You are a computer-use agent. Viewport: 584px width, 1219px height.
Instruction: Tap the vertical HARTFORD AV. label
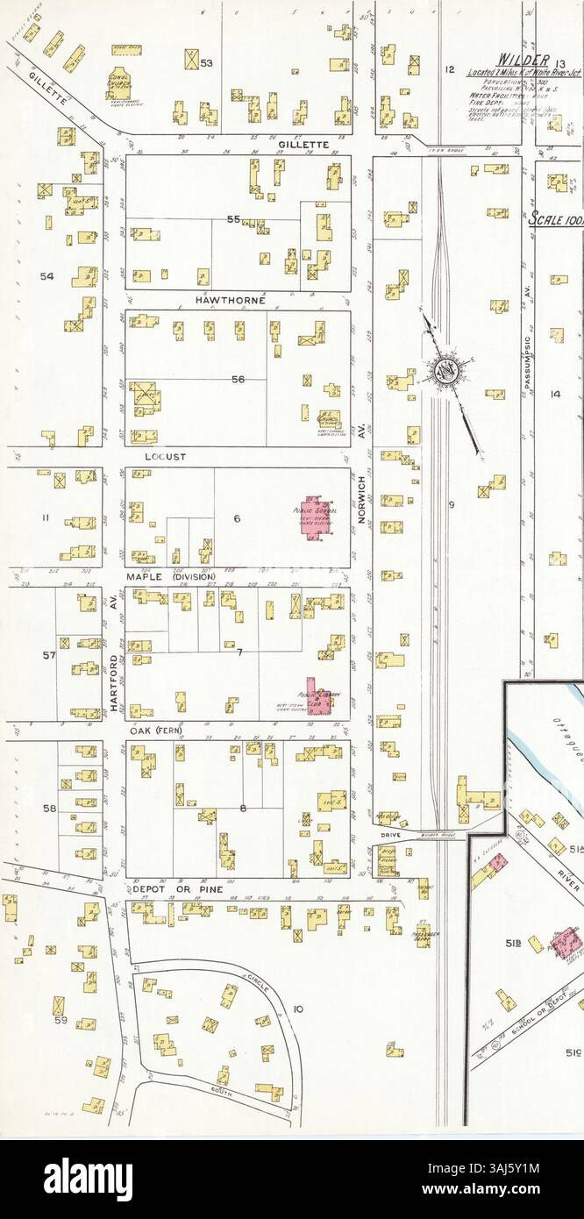[x=114, y=642]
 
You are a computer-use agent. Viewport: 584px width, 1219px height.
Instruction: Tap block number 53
[x=206, y=61]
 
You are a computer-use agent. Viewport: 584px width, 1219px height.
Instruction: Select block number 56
[x=238, y=379]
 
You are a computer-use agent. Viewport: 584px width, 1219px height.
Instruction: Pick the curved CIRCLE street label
[x=260, y=978]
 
